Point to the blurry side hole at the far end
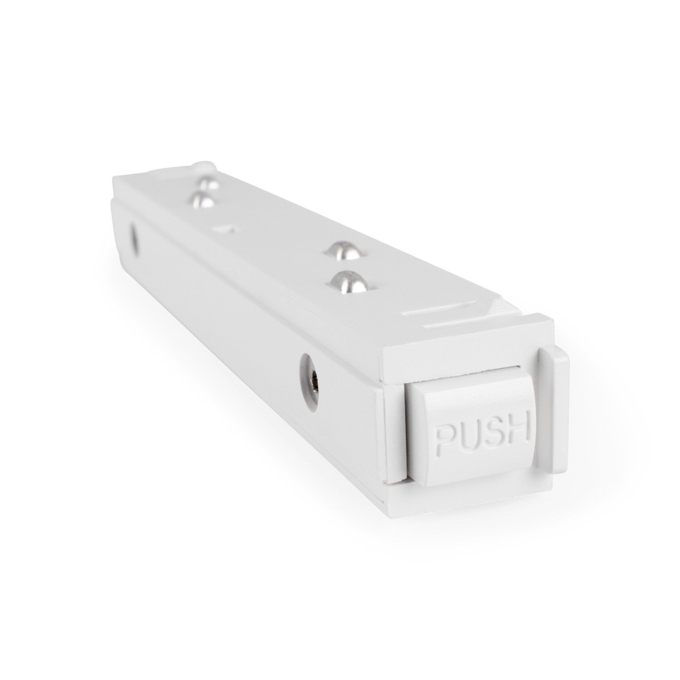tap(135, 237)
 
